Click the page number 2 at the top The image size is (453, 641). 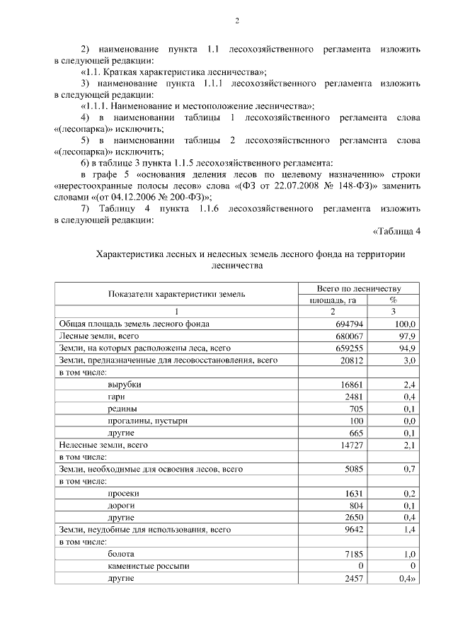(x=238, y=22)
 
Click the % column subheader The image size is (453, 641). (x=394, y=300)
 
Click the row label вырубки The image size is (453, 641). (x=124, y=384)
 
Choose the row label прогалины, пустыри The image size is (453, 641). (x=147, y=420)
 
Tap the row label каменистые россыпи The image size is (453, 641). (x=149, y=565)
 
